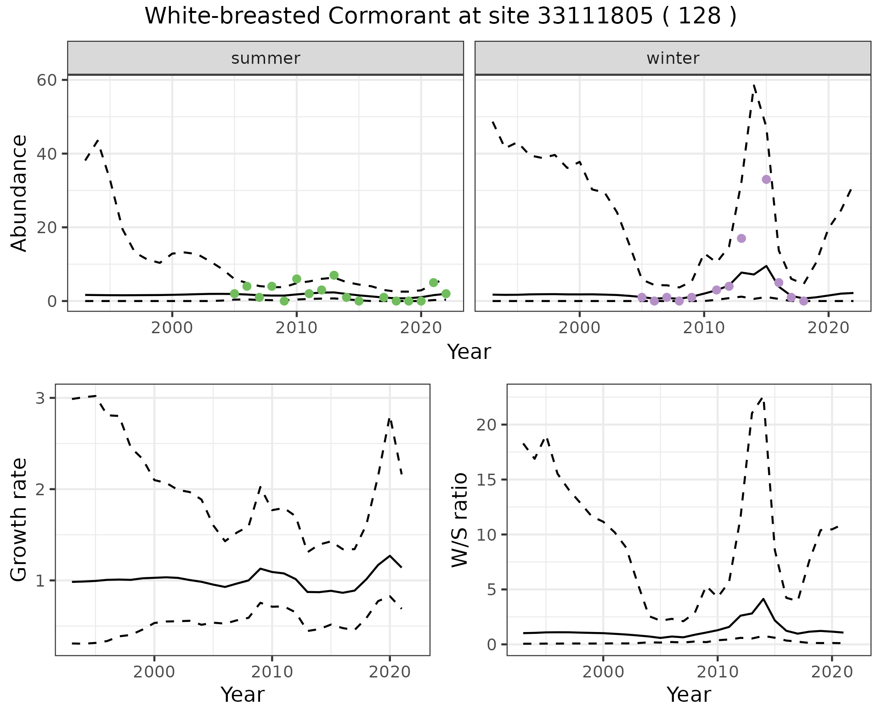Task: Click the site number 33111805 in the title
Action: click(x=595, y=17)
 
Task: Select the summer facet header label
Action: click(x=266, y=58)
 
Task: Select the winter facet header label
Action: click(x=673, y=58)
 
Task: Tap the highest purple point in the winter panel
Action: click(x=766, y=179)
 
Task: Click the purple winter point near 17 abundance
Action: click(x=741, y=238)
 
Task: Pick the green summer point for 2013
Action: click(x=334, y=275)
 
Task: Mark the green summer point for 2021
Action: click(x=433, y=282)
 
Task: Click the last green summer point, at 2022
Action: click(x=446, y=294)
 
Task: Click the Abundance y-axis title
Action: click(x=19, y=193)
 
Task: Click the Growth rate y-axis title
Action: click(x=19, y=520)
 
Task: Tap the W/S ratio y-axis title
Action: click(x=460, y=520)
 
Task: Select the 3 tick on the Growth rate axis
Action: click(x=40, y=398)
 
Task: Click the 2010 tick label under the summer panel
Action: click(x=296, y=328)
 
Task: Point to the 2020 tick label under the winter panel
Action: click(x=828, y=328)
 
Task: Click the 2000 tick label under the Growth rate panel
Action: click(x=154, y=672)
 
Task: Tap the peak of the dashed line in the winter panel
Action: click(x=754, y=85)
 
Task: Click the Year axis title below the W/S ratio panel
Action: click(x=689, y=694)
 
